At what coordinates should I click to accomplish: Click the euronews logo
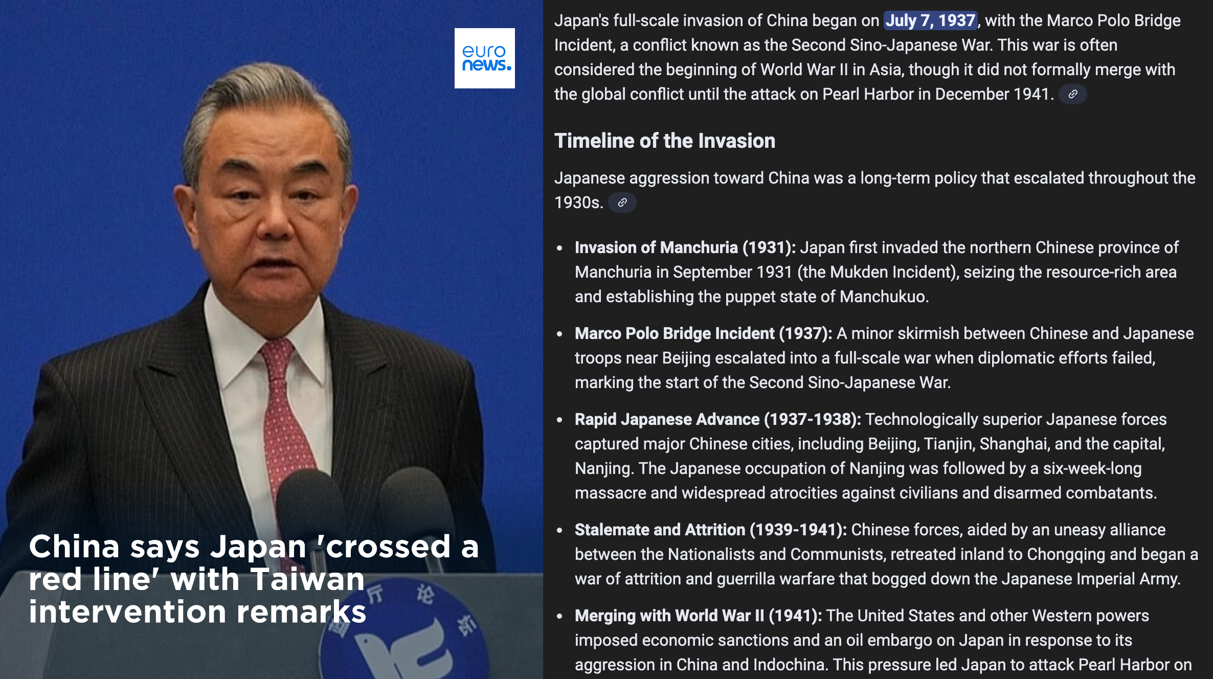click(485, 58)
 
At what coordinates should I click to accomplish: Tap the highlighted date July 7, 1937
click(930, 20)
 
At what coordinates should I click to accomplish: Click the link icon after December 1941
click(1073, 94)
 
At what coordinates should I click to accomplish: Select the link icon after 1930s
click(622, 202)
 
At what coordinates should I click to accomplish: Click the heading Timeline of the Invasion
click(665, 141)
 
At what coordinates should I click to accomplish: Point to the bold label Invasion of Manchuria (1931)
click(685, 247)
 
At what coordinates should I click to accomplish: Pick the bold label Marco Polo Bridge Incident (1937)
click(704, 333)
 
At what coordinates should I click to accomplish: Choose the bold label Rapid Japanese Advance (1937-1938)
click(718, 419)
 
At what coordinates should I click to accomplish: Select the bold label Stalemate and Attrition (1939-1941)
click(711, 530)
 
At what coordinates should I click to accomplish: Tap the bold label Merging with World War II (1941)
click(699, 616)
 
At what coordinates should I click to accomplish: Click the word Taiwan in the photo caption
click(308, 579)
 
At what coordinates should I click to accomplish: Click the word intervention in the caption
click(127, 612)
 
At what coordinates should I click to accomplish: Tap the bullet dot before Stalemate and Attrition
click(559, 530)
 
